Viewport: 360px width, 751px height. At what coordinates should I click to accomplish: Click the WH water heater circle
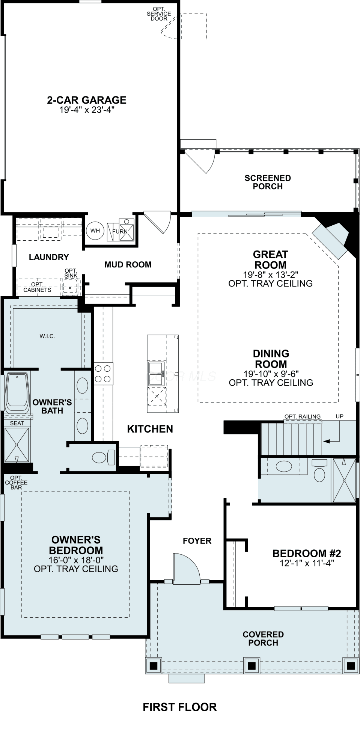point(95,231)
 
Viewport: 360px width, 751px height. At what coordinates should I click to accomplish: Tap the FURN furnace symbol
point(120,231)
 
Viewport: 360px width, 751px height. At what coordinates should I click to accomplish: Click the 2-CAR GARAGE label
point(86,100)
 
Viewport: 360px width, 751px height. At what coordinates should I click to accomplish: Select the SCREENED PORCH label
point(268,182)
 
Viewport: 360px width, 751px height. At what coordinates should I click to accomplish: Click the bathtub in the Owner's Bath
point(17,391)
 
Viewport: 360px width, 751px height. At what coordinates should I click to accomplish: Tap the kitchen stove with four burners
point(103,374)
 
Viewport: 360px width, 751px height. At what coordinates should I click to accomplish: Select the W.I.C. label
point(47,336)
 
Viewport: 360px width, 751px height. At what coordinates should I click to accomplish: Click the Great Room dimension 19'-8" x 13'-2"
point(270,274)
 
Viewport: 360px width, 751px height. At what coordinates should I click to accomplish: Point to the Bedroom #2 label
point(307,553)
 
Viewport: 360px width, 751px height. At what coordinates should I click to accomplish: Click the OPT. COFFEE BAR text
point(16,483)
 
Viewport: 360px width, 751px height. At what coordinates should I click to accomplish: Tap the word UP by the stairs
point(339,416)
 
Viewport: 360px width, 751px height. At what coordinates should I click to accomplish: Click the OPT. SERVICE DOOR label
point(159,14)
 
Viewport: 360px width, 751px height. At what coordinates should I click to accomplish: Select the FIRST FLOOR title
point(180,707)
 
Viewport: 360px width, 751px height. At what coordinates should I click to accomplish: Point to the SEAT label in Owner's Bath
point(17,423)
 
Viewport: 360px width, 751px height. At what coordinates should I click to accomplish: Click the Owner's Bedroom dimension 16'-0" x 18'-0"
point(76,559)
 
